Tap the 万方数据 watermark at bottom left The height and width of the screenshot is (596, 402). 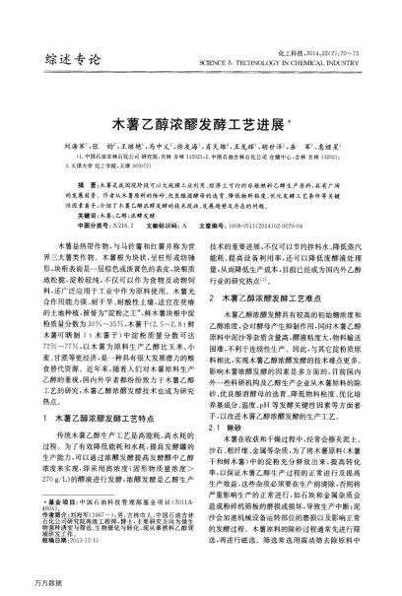[x=23, y=584]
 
